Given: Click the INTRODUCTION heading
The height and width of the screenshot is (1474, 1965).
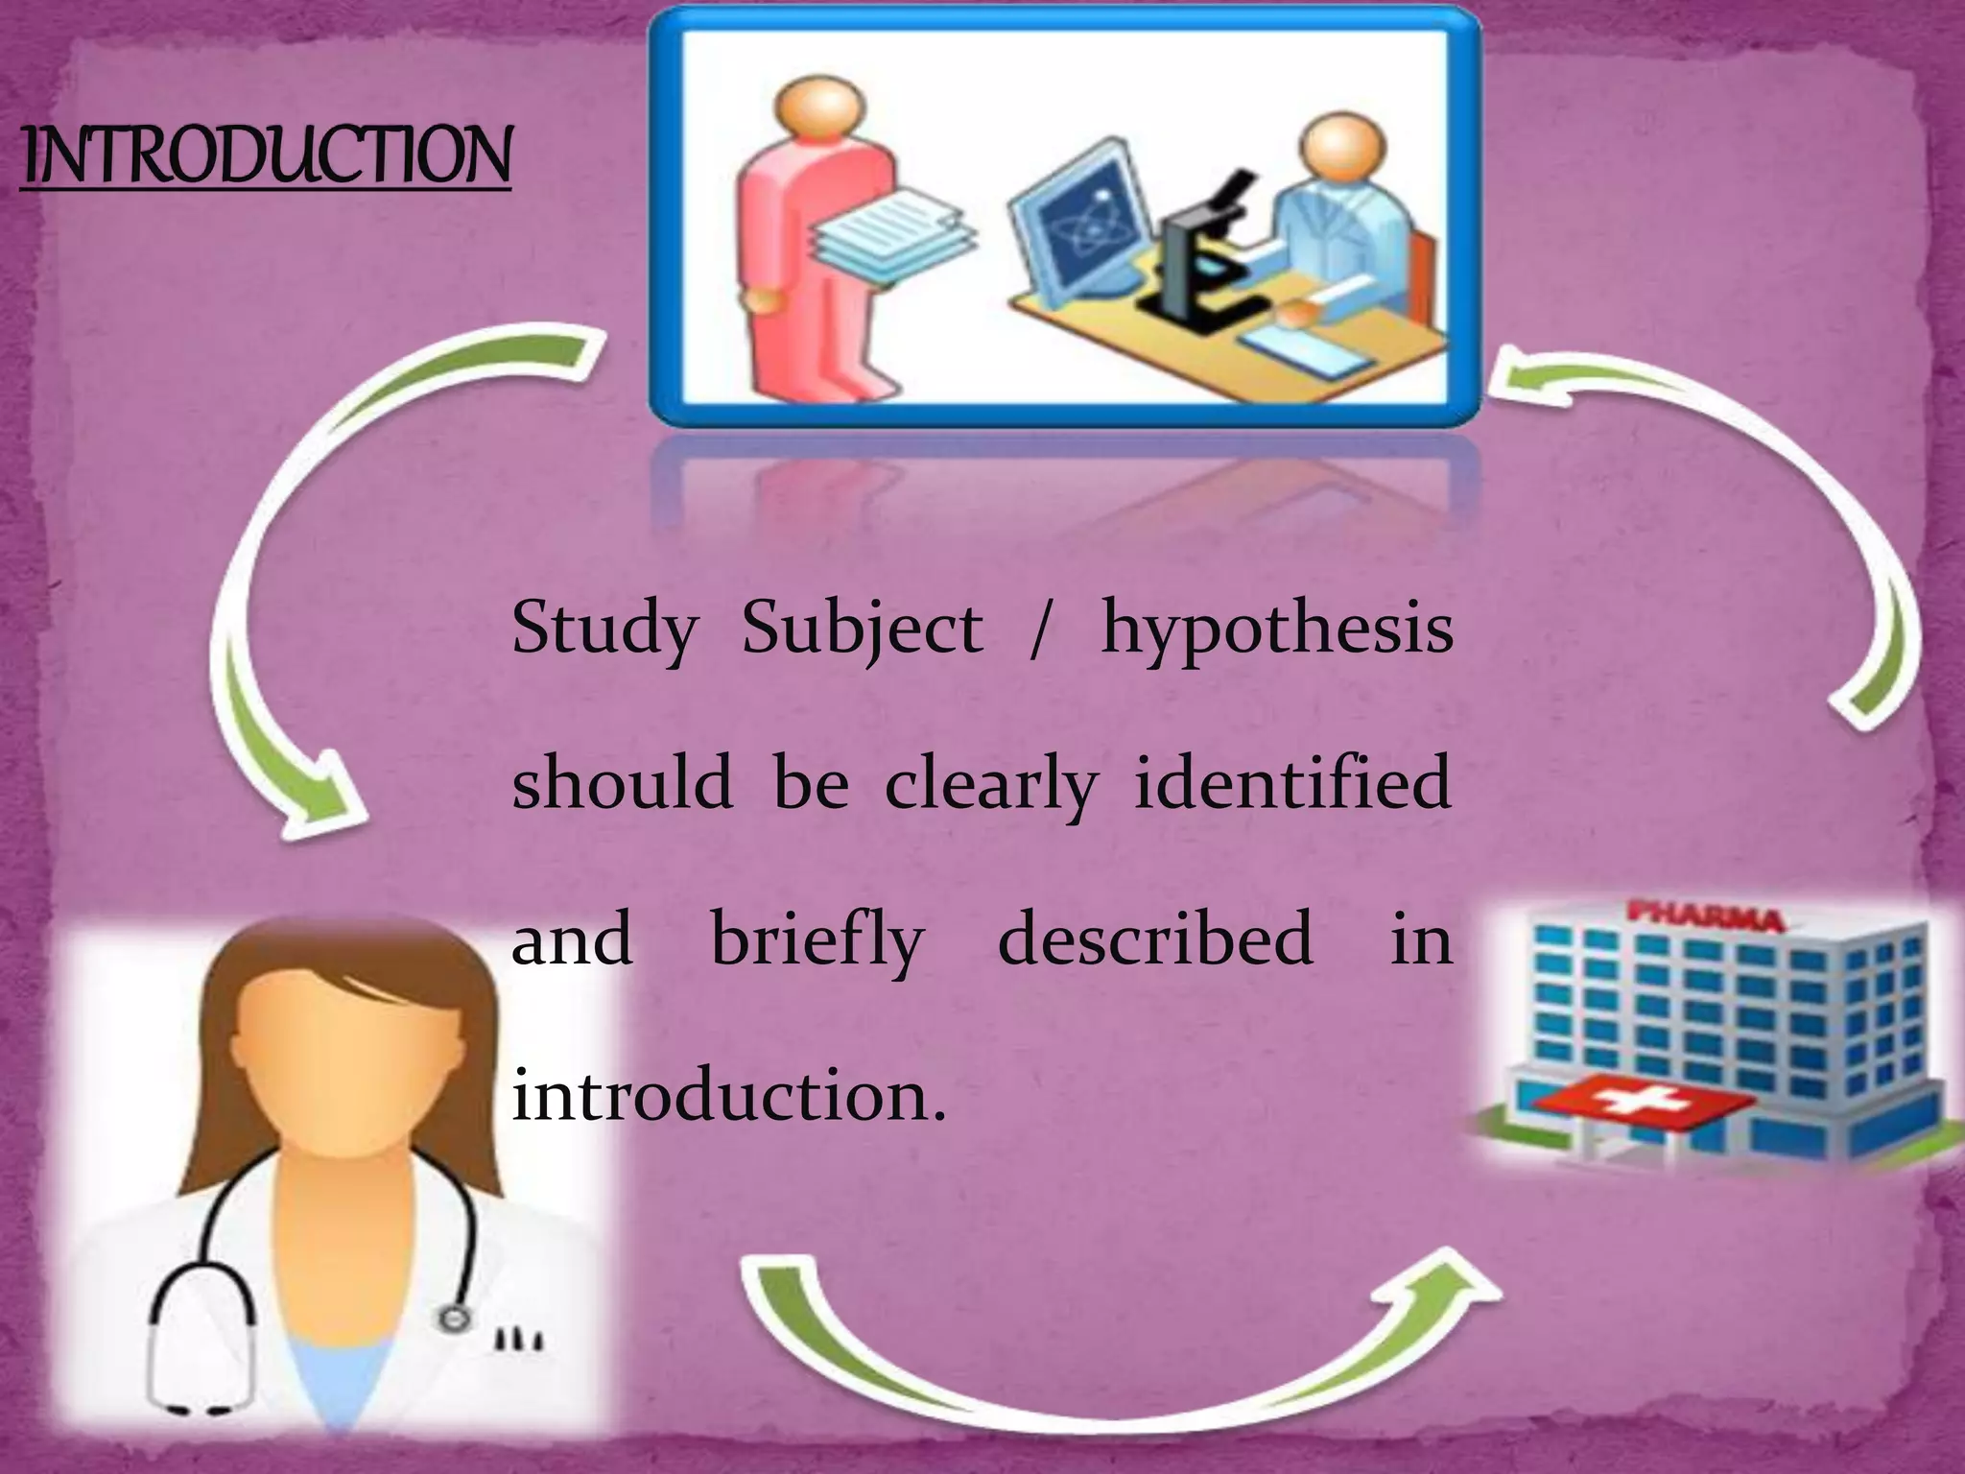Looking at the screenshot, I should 266,155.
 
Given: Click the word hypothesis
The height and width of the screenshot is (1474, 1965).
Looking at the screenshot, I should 1276,630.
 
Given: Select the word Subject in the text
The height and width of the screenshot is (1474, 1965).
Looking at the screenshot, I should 862,630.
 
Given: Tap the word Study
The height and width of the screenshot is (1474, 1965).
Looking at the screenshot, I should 604,630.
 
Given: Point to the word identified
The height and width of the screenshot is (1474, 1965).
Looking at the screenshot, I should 1291,783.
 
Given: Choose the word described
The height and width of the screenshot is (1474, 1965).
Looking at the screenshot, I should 1155,939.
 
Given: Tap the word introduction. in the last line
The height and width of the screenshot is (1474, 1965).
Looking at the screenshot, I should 729,1094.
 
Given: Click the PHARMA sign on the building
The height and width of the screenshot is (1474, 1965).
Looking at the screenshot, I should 1706,916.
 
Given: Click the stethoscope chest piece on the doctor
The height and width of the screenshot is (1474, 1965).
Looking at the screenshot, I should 450,1319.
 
